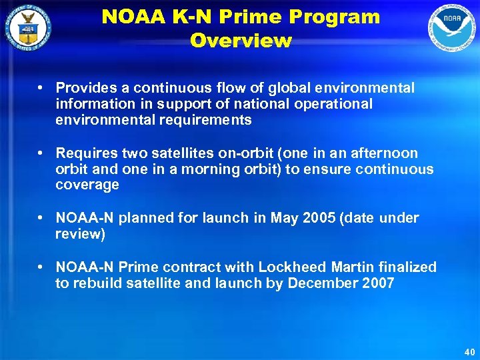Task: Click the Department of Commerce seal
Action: pyautogui.click(x=27, y=27)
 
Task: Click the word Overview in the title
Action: pyautogui.click(x=241, y=41)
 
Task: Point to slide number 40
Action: pyautogui.click(x=467, y=351)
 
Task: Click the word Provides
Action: pyautogui.click(x=85, y=88)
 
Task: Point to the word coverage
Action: pyautogui.click(x=87, y=185)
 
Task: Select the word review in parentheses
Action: pyautogui.click(x=79, y=235)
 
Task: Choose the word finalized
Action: pyautogui.click(x=405, y=267)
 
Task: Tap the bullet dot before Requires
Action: pyautogui.click(x=41, y=153)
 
